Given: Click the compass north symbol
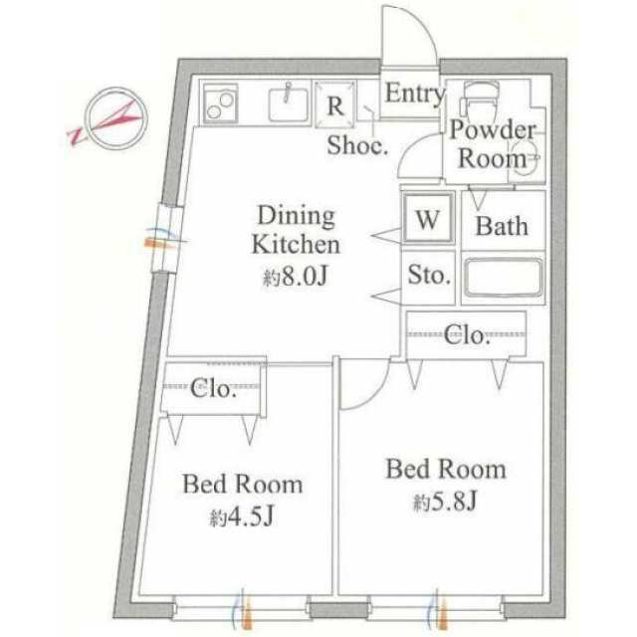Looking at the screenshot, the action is coord(115,118).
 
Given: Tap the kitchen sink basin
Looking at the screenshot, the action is coord(288,105).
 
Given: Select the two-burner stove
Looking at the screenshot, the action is coord(220,103).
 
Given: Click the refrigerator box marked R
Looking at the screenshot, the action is coord(335,104).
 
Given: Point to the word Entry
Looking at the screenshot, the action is coord(414,94).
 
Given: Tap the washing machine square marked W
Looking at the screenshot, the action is coord(428,219).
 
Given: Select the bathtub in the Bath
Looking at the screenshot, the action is coord(504,278).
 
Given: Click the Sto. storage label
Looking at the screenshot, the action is coord(429,276).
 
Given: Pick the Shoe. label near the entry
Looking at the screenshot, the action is coord(357,145).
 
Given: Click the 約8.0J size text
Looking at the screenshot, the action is coord(296,277).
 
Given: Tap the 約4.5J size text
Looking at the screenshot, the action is coord(241,518).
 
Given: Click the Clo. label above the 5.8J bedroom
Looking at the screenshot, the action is coord(467,335).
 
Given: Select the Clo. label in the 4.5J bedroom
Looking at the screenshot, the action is coord(213,388).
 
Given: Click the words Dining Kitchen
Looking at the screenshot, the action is coord(296,230).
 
